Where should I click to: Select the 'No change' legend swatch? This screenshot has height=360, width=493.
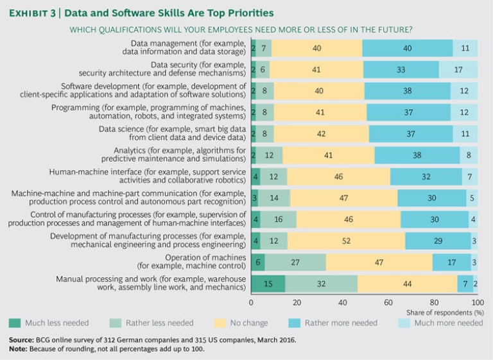[216, 323]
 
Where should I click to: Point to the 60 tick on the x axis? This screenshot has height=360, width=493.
[387, 302]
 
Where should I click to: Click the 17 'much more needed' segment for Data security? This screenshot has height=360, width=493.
[458, 69]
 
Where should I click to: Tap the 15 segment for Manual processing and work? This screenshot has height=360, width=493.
[268, 283]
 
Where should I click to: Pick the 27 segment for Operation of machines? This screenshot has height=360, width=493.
[295, 262]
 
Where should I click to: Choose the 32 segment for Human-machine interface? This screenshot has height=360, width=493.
[426, 176]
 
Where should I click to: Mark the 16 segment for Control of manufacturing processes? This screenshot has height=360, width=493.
[278, 219]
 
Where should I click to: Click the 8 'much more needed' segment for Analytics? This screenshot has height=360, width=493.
[469, 155]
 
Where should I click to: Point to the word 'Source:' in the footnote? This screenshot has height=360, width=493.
[22, 338]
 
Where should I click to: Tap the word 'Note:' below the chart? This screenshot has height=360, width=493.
[19, 348]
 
